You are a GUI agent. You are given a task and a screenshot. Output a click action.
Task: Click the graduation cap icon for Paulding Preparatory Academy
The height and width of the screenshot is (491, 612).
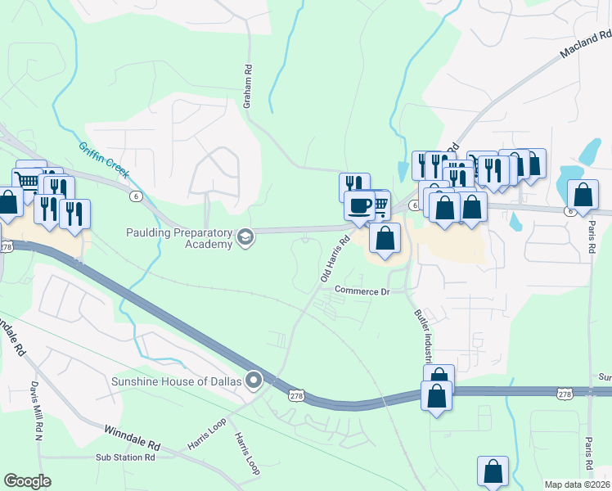click(x=244, y=237)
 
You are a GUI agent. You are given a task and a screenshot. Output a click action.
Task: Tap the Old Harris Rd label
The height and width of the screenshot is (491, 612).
click(x=335, y=259)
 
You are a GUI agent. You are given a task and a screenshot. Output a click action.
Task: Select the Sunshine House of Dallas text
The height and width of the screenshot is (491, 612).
click(x=177, y=381)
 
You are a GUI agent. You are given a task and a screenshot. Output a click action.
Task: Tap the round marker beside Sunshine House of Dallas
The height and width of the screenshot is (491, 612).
click(x=254, y=381)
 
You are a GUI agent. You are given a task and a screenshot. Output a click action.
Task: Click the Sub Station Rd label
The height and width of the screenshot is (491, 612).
click(x=125, y=458)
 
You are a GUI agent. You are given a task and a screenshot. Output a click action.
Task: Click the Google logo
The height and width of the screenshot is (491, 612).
click(x=28, y=480)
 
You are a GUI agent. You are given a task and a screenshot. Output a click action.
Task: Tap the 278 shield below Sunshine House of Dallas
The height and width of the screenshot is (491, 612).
click(x=296, y=395)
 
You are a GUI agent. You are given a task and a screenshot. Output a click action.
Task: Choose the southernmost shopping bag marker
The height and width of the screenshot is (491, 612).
click(x=493, y=471)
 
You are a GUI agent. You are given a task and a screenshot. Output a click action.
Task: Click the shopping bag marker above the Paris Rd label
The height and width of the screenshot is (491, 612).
click(x=583, y=194)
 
